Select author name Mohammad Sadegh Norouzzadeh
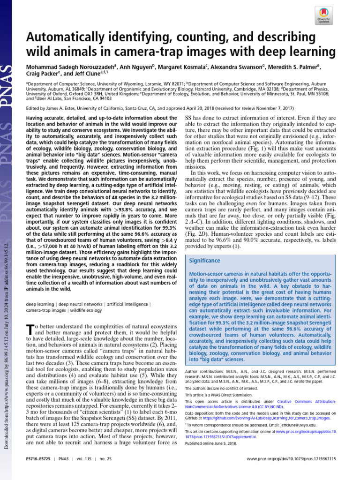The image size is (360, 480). point(66,67)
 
